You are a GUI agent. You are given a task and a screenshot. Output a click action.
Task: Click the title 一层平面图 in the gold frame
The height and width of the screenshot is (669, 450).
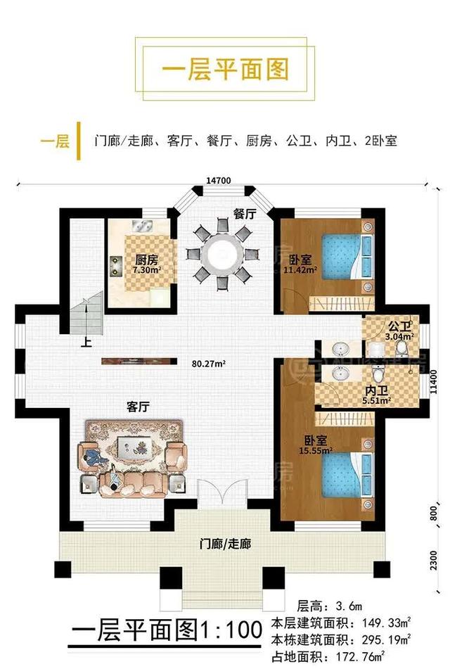(x=225, y=69)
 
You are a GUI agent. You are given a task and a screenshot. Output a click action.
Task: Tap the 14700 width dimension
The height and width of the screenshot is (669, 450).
(x=219, y=181)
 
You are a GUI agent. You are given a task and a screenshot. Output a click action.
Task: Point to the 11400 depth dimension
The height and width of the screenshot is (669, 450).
(x=433, y=381)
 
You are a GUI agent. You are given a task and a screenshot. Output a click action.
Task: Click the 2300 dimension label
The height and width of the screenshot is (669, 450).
(x=433, y=560)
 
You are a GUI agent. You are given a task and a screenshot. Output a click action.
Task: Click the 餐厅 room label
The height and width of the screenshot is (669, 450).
(x=245, y=214)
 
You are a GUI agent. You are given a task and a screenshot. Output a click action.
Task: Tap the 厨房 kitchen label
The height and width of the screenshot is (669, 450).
(x=147, y=260)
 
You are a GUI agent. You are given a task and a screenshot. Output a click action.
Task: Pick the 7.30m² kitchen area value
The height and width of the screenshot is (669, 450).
(x=147, y=269)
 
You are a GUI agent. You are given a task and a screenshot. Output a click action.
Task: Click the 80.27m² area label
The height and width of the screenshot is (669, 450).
(x=209, y=364)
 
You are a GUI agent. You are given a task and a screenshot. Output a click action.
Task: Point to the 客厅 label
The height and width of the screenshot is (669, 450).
(x=139, y=407)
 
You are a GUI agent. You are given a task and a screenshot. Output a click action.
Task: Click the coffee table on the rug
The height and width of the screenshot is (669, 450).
(x=133, y=447)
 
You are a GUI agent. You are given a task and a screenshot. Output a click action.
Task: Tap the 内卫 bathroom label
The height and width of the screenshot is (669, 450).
(x=377, y=391)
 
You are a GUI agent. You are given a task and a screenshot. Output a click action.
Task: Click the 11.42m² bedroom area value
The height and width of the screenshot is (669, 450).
(x=300, y=269)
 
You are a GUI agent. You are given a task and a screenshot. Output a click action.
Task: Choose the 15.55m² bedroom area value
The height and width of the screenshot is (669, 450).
(x=316, y=450)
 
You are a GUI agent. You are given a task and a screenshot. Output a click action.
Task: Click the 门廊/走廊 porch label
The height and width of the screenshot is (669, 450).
(x=225, y=544)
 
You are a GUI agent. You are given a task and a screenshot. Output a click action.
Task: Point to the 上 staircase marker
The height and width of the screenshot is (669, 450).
(x=86, y=342)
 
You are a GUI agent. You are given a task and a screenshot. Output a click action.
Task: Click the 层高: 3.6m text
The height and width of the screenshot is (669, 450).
(x=329, y=606)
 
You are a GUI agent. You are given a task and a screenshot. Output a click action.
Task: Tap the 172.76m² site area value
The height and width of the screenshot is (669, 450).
(x=361, y=656)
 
